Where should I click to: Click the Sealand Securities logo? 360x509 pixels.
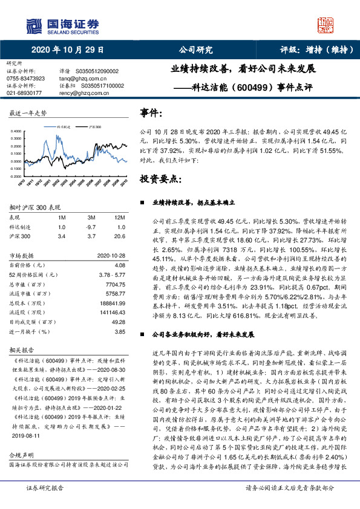[62, 25]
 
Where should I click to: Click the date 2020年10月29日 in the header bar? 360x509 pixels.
[67, 50]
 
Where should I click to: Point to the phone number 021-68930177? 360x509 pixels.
[24, 93]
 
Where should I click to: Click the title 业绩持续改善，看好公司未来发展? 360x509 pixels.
[243, 69]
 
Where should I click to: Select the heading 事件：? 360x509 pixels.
[151, 112]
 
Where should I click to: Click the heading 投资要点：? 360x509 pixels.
[160, 180]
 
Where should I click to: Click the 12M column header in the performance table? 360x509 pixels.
[120, 216]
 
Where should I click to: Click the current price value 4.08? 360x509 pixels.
[120, 265]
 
